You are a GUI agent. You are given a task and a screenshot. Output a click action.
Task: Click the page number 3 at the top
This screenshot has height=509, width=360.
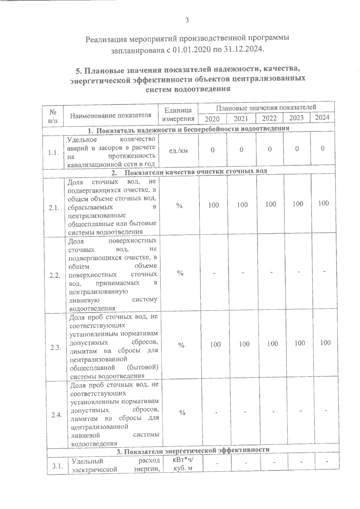[187, 20]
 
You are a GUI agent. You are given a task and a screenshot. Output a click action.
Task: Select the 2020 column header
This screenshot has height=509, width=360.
[212, 119]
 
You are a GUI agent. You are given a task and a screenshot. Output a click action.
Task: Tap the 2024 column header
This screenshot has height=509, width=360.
[322, 117]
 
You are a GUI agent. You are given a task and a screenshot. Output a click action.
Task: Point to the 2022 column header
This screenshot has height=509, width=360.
[269, 118]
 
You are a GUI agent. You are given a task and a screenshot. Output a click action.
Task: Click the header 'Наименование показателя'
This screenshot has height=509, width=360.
[111, 115]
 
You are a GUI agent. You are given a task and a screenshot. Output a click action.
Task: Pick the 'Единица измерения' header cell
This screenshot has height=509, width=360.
[178, 115]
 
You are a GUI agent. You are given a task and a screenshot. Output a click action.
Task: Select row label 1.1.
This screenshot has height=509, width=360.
[53, 153]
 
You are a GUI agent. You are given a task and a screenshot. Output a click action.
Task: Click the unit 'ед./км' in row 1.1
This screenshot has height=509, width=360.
[178, 150]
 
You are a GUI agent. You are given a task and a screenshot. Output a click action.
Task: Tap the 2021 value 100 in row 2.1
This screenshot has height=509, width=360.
[242, 205]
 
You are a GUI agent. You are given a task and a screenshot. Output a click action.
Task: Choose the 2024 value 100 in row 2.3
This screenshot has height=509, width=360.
[325, 343]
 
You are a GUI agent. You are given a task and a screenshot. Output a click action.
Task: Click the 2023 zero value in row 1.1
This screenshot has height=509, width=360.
[297, 149]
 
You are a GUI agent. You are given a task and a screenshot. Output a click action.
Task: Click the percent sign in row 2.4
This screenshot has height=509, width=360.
[182, 413]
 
